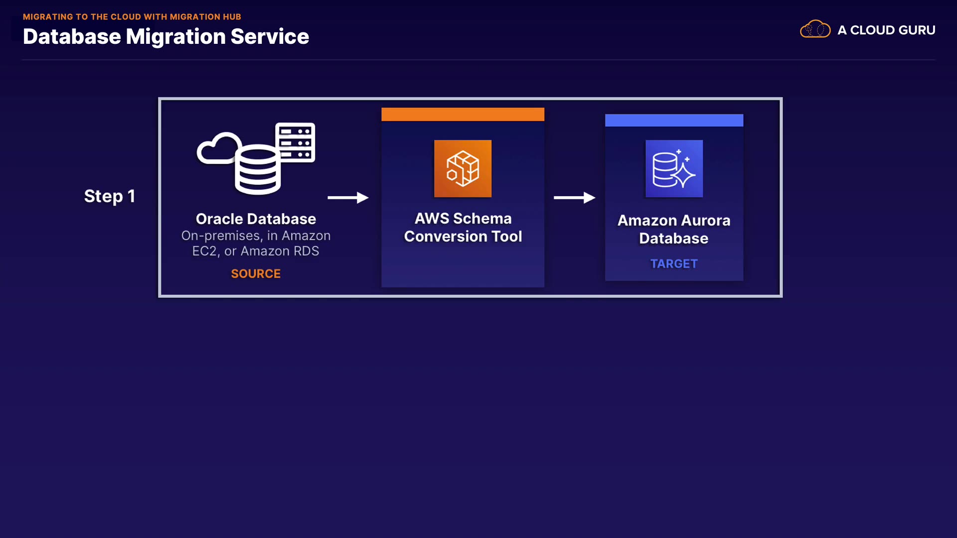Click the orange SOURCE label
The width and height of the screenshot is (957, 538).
coord(256,273)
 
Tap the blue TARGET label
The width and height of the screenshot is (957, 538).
coord(674,264)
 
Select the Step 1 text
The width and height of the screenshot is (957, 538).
coord(110,196)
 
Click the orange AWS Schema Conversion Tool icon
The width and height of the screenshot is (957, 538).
coord(463,168)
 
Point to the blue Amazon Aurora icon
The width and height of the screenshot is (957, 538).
coord(674,168)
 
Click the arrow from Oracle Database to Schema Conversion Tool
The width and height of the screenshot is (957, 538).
coord(348,198)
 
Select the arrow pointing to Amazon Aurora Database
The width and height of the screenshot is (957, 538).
coord(574,198)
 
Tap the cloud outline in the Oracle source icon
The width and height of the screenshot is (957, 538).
coord(215,148)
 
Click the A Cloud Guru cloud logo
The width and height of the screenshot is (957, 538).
coord(815,29)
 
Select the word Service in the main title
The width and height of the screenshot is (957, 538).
coord(270,37)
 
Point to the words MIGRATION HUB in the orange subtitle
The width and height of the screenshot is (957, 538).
coord(205,17)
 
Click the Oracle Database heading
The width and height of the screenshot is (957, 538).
coord(256,219)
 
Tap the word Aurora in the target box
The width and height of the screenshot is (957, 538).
coord(705,221)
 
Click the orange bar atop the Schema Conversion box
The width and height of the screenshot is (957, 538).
coord(463,114)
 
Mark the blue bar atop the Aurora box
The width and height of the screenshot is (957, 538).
coord(674,120)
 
